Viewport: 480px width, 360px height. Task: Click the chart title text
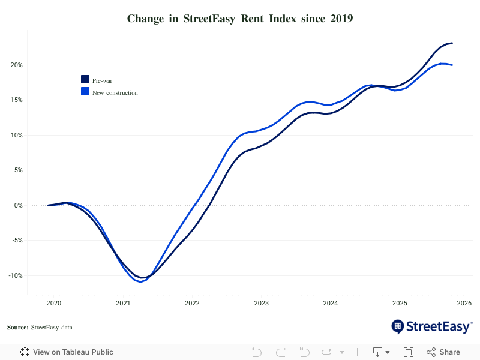(240, 19)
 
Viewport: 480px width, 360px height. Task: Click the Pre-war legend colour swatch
(85, 80)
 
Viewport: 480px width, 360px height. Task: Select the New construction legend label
(115, 93)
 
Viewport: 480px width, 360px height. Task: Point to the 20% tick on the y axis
(16, 65)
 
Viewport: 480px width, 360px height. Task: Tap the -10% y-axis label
(15, 275)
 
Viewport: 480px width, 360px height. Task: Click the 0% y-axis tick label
(18, 205)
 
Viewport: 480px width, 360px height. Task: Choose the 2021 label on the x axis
(123, 304)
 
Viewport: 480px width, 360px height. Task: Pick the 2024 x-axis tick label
(331, 304)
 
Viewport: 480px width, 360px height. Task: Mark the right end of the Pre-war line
(452, 43)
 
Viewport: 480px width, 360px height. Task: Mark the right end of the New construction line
(452, 65)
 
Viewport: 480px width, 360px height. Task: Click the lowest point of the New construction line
(141, 281)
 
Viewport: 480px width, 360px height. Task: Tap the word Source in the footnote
(17, 327)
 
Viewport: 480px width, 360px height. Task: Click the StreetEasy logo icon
(398, 326)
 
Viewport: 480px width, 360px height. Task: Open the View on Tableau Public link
(67, 352)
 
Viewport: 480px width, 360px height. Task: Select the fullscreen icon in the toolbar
(409, 352)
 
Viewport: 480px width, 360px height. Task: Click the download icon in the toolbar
(378, 352)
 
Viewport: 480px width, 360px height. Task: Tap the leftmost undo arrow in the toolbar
(257, 352)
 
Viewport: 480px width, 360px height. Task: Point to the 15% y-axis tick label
(16, 100)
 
